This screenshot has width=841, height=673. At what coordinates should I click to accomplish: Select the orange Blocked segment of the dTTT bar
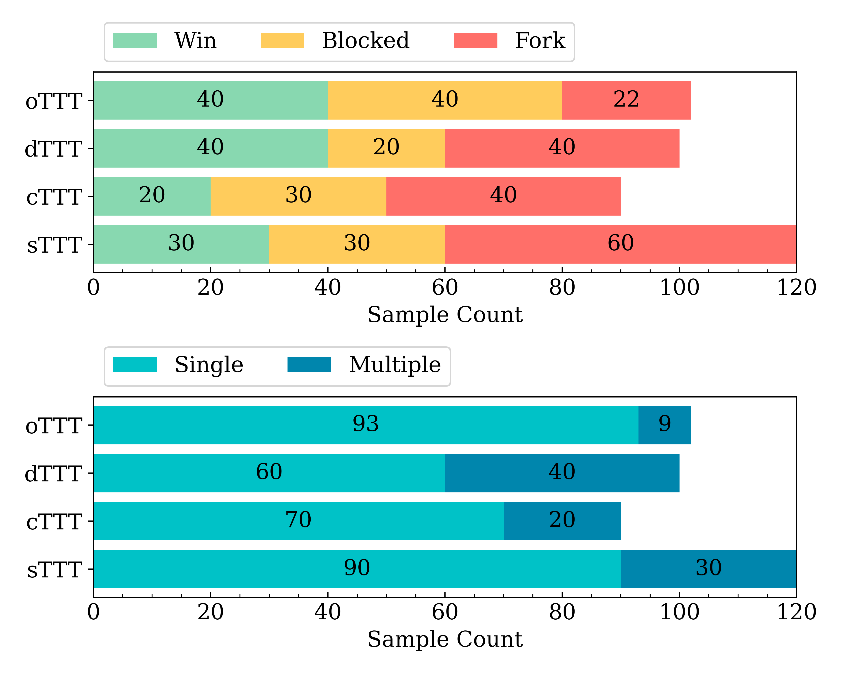[386, 148]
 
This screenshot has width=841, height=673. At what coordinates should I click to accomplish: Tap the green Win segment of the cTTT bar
[152, 196]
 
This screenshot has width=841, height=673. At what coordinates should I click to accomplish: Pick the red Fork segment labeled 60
[620, 244]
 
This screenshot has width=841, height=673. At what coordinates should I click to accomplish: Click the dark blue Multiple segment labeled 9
[665, 425]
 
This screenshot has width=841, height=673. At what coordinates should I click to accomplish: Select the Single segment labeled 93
[366, 425]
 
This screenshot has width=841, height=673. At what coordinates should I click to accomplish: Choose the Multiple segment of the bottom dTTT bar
[562, 473]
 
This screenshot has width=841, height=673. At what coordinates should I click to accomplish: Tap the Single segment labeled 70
[298, 521]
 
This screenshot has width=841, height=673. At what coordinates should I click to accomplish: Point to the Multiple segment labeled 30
[708, 569]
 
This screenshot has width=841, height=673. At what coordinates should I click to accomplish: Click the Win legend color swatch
[135, 41]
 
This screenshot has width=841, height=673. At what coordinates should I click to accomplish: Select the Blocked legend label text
[366, 41]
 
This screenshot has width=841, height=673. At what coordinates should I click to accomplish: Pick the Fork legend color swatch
[475, 41]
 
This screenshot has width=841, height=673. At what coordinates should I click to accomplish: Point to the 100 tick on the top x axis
[679, 288]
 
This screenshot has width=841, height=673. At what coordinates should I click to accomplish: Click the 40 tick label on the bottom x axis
[328, 612]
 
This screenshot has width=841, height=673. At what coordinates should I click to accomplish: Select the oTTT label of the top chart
[54, 101]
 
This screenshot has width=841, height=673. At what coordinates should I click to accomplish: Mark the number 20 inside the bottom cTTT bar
[562, 520]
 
